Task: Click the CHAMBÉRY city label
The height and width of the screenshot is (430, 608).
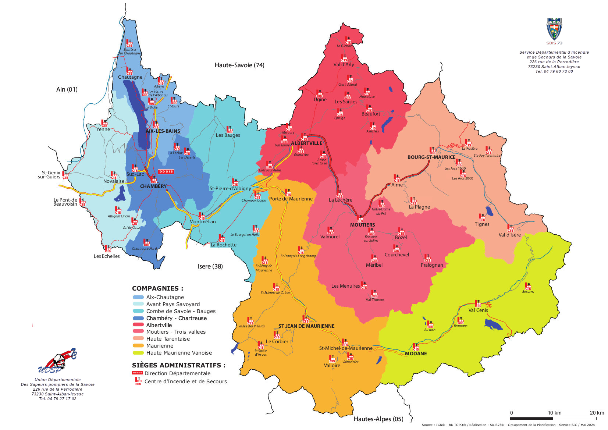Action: click(x=153, y=186)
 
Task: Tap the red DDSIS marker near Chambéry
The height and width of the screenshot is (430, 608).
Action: click(x=166, y=172)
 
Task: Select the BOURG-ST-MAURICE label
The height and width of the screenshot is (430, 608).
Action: click(x=431, y=157)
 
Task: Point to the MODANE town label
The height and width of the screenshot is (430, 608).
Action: click(x=416, y=353)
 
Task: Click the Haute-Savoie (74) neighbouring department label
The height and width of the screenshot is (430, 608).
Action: click(x=239, y=65)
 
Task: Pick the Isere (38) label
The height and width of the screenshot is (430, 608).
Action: click(x=210, y=266)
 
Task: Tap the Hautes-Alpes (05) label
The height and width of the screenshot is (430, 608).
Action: click(x=378, y=419)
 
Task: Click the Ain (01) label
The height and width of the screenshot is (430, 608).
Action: click(x=67, y=89)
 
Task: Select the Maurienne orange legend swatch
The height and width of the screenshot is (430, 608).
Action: click(x=138, y=346)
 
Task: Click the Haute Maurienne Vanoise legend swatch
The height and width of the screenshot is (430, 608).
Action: click(x=138, y=353)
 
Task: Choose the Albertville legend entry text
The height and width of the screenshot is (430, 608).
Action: click(x=159, y=325)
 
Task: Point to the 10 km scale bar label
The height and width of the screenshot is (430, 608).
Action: click(x=554, y=413)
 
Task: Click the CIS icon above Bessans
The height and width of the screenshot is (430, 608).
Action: click(x=528, y=286)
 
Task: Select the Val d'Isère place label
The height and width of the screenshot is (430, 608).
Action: click(x=509, y=235)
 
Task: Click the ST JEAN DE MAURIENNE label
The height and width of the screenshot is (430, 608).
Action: click(x=306, y=326)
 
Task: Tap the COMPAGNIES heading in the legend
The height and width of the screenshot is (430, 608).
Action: click(x=157, y=288)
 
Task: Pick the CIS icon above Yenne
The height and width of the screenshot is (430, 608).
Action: click(x=104, y=123)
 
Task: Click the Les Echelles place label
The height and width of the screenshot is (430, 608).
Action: click(x=107, y=256)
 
